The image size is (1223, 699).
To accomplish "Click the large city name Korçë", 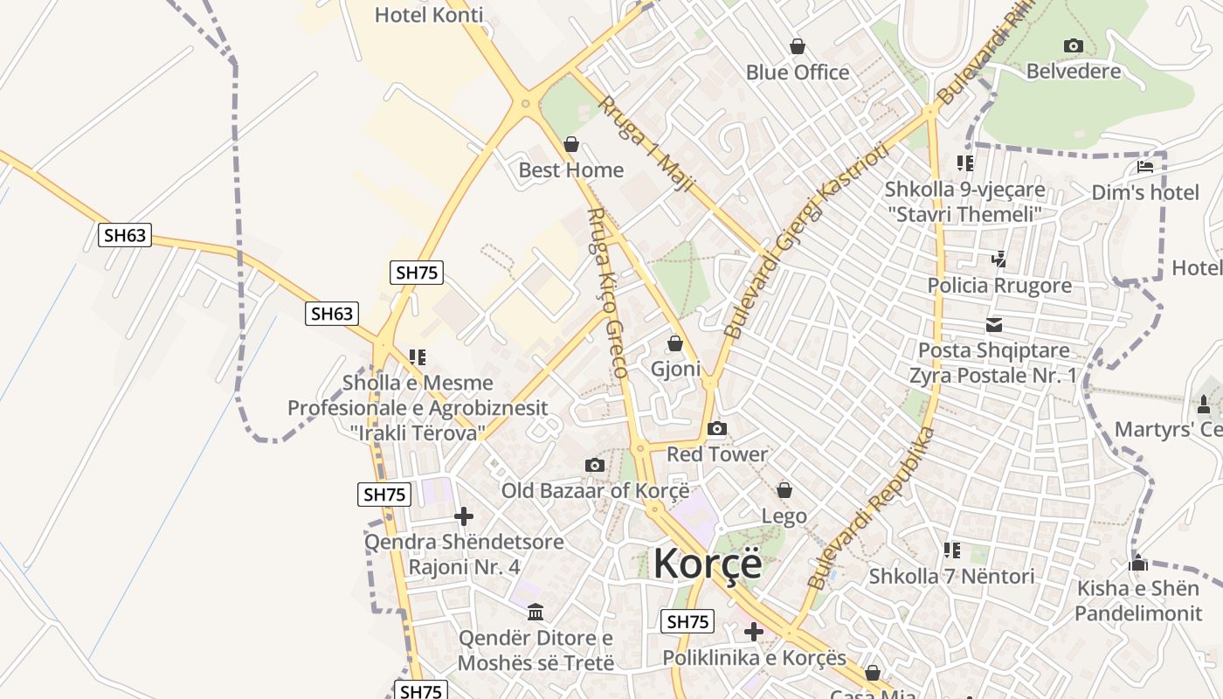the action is [707, 564].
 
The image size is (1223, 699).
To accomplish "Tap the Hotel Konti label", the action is [428, 15].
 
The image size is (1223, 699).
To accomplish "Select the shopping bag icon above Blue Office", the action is [797, 46].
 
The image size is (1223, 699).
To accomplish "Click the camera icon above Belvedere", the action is [1073, 45].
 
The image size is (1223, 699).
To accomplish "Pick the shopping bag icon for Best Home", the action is [571, 144].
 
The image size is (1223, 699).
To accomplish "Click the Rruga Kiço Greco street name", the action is [607, 293].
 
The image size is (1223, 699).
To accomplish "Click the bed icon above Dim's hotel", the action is [1145, 166].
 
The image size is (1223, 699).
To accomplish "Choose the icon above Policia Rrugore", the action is [999, 259].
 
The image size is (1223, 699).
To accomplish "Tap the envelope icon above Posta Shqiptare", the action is [994, 325].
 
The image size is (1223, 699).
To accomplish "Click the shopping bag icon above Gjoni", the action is [674, 343].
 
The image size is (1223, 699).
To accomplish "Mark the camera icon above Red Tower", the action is [716, 428].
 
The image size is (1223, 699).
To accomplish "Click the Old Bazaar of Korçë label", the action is [595, 490].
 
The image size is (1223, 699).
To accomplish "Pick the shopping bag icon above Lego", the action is [784, 490].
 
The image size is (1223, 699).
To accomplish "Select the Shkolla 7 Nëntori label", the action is [951, 576].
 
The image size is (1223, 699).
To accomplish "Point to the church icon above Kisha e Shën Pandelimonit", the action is [1137, 563].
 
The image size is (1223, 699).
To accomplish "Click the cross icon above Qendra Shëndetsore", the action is [464, 516].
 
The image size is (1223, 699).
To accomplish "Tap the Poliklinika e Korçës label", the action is [754, 657].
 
